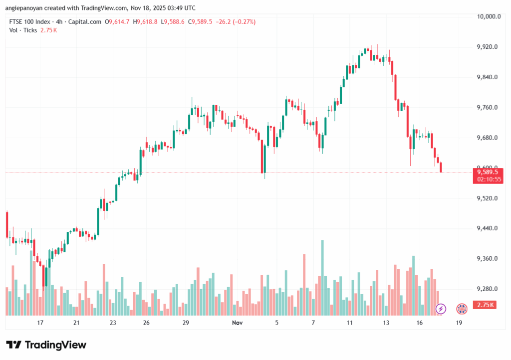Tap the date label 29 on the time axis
(186, 323)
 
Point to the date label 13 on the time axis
(386, 323)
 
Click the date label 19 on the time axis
(459, 323)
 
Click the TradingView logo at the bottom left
(46, 345)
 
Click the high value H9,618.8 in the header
(145, 22)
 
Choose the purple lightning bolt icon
(441, 309)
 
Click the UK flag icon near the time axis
(462, 309)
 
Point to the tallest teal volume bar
(322, 278)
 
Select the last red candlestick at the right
(441, 167)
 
